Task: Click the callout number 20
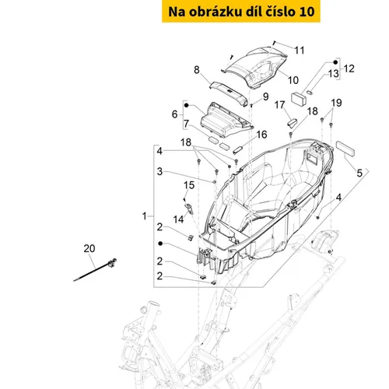[x=89, y=248]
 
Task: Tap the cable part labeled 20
[x=95, y=270]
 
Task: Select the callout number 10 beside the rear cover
[x=293, y=80]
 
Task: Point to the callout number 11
[x=300, y=51]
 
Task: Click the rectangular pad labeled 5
[x=345, y=149]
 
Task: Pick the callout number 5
[x=359, y=173]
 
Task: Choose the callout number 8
[x=197, y=70]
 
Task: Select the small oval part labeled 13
[x=310, y=92]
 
